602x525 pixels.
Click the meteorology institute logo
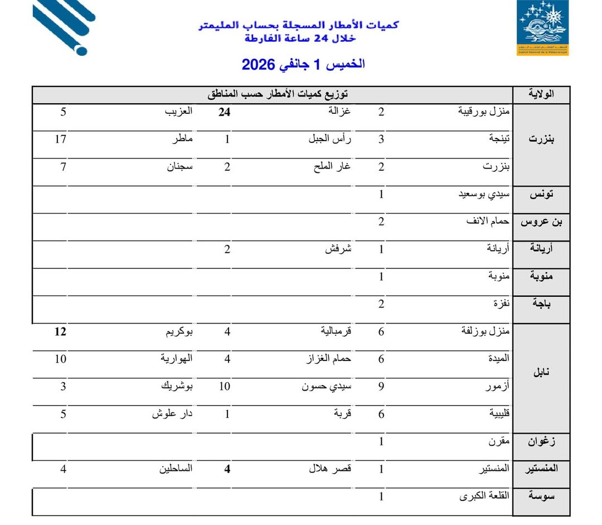542,28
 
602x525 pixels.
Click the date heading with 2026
303,64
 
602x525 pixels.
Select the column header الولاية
541,94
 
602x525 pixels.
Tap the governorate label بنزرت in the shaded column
541,139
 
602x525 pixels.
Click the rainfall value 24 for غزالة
224,112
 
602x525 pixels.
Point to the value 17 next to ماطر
61,139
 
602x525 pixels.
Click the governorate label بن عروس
541,222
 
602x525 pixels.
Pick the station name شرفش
338,249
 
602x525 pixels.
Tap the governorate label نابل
541,373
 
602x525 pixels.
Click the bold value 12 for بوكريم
61,332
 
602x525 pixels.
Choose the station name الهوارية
176,359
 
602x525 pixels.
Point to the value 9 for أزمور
381,386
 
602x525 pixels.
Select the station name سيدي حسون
327,386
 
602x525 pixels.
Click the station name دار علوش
172,414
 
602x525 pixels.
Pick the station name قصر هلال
330,469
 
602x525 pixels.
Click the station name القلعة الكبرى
484,496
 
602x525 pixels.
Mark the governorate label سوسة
541,496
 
